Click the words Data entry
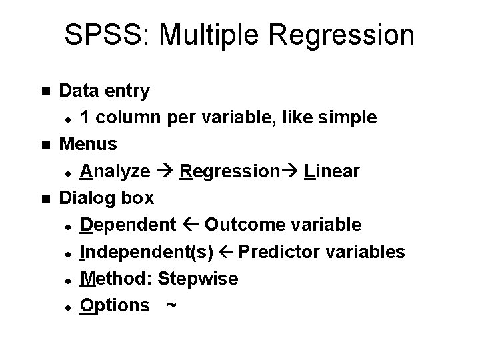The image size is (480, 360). click(x=105, y=90)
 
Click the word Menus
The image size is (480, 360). click(x=89, y=143)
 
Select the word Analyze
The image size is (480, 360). click(x=115, y=171)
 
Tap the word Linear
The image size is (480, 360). click(x=331, y=171)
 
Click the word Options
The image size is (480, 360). click(x=115, y=305)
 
